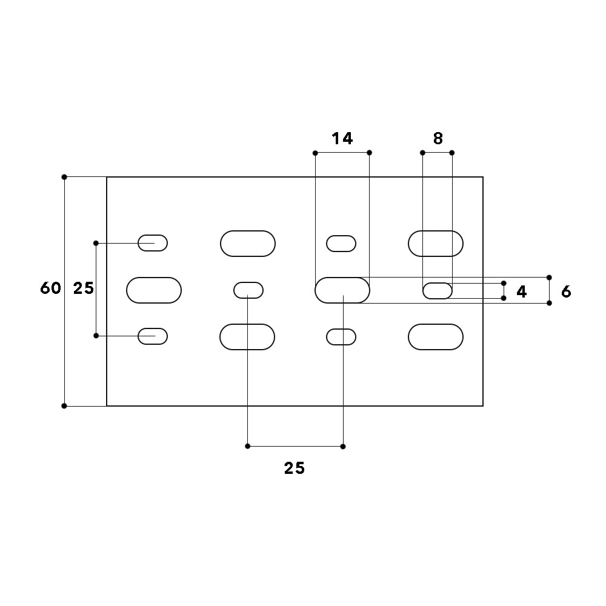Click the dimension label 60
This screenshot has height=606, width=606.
coord(50,288)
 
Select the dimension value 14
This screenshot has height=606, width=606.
coord(342,139)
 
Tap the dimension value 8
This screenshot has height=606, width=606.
coord(438,139)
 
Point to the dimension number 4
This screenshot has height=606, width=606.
coord(521,292)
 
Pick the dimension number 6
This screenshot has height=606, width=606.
coord(566,291)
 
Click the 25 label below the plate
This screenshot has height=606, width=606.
coord(295,468)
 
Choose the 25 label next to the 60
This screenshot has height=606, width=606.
coord(84,288)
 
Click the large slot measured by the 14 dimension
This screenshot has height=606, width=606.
coord(342,290)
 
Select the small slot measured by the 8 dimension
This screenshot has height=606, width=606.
coord(437,291)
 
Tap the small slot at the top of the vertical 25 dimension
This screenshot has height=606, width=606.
coord(153,243)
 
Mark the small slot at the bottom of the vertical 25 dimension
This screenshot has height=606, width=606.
coord(153,336)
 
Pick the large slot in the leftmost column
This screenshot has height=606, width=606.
coord(154,290)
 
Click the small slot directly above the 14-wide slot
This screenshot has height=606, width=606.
coord(341,244)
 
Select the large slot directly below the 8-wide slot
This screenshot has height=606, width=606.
coord(436,337)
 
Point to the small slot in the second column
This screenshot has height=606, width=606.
coord(248,290)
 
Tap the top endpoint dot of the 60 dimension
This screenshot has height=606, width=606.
coord(64,177)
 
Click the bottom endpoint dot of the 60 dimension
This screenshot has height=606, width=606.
coord(64,406)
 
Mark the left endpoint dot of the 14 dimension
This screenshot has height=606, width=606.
coord(315,153)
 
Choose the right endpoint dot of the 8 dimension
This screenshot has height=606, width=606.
coord(452,153)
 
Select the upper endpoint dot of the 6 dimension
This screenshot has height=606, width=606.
coord(549,278)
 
